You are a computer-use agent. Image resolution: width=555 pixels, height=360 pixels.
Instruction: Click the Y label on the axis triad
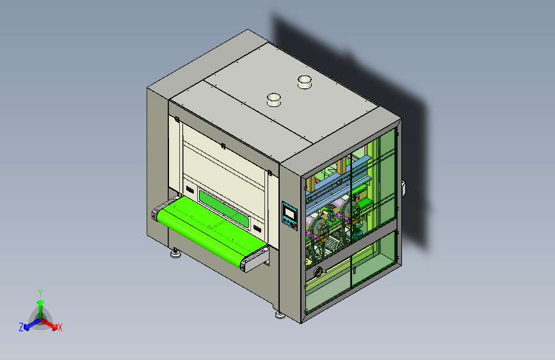coord(40,293)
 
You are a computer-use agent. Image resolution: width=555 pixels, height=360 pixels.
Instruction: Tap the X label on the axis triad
coord(60,328)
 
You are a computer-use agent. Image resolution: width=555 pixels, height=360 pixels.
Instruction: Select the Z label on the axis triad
coord(21,327)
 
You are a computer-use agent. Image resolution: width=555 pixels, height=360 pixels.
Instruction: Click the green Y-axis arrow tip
coord(41,302)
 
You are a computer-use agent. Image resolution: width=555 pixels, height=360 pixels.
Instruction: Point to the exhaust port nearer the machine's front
coord(273,99)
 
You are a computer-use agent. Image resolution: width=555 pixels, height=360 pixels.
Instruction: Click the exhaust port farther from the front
coord(305,82)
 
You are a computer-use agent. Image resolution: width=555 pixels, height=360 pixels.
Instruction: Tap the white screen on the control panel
coord(290,213)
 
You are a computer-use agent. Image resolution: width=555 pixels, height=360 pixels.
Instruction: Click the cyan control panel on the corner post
coord(289,216)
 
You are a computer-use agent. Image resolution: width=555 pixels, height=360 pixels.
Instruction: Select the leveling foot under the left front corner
coord(175,254)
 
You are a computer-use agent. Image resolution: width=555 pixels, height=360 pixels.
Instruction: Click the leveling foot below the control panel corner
coord(280,315)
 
